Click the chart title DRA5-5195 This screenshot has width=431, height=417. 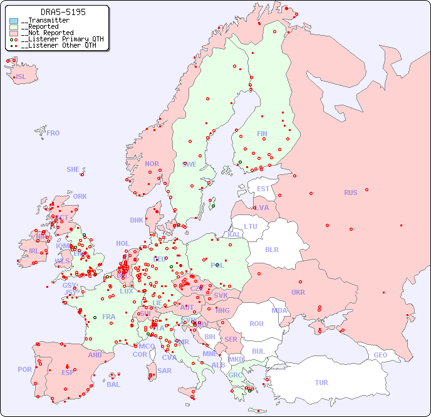[63, 12]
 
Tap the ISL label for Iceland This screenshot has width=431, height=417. [21, 77]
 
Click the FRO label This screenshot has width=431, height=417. [53, 133]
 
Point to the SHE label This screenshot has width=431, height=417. [73, 169]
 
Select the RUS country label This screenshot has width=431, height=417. [350, 193]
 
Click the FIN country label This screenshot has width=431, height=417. [262, 134]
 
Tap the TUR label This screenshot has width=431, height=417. [321, 383]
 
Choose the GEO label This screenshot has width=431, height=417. [380, 355]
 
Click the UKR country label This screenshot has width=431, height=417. [298, 292]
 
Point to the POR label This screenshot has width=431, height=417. [24, 369]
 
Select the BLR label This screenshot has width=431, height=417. [272, 249]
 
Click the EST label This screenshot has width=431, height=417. [263, 189]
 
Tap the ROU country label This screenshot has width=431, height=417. [256, 324]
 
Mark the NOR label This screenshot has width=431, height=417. [152, 164]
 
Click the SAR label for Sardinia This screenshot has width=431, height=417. [165, 371]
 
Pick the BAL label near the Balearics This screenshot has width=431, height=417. [113, 384]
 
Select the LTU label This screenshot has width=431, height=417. [251, 226]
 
